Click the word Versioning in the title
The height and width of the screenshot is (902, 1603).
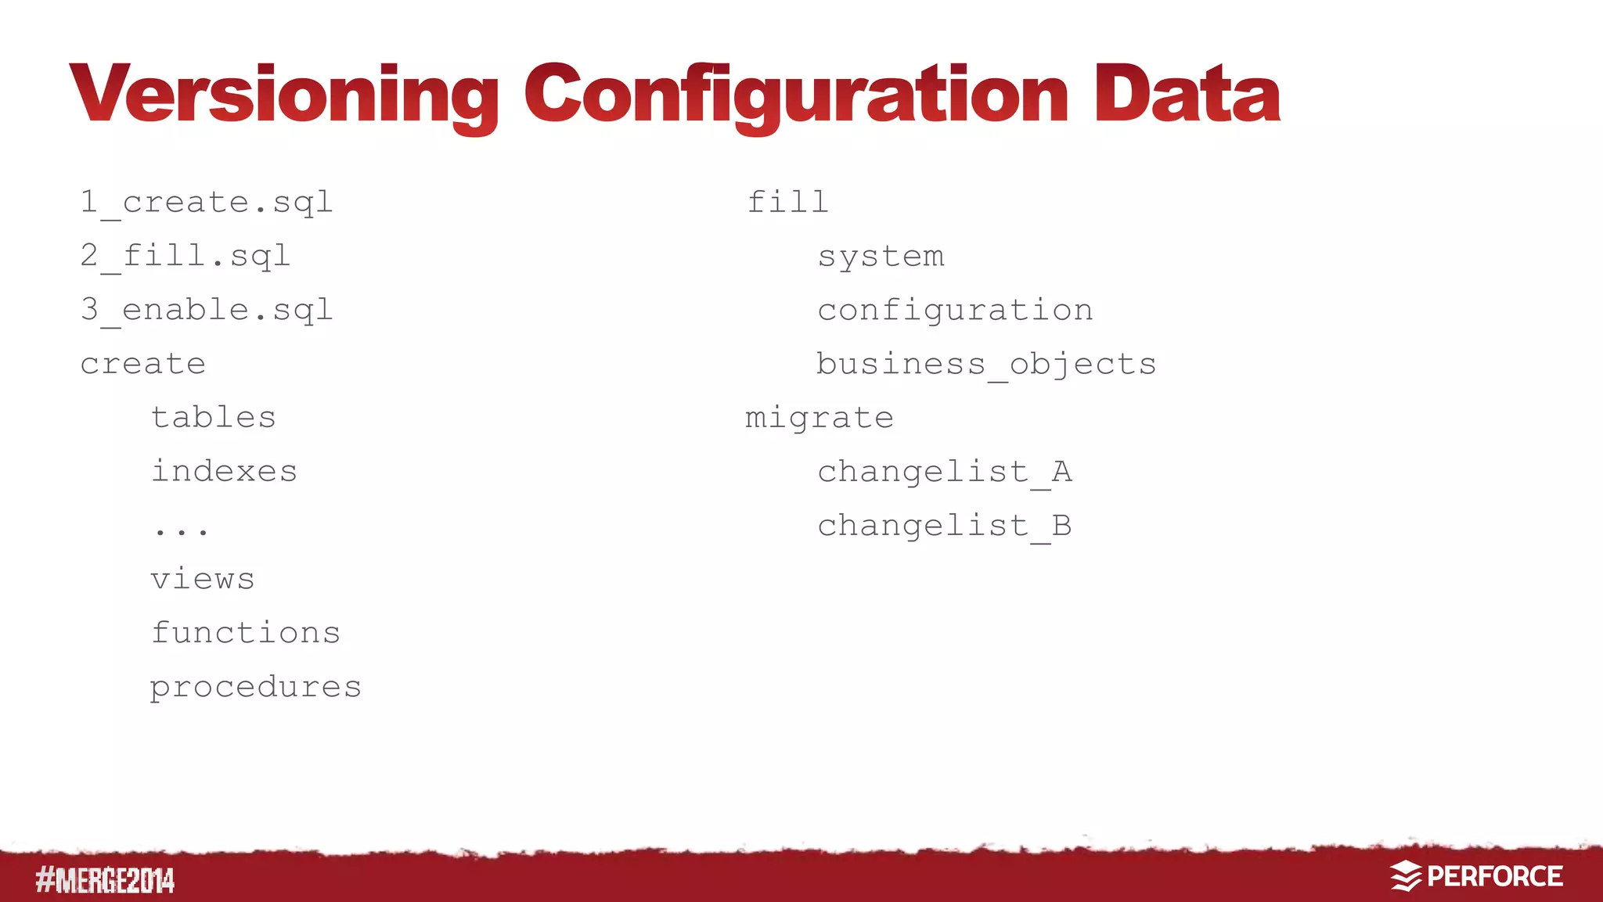click(283, 95)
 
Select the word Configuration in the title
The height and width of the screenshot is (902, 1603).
click(796, 95)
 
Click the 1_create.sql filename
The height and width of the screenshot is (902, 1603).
click(207, 203)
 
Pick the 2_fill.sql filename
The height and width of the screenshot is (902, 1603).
click(186, 257)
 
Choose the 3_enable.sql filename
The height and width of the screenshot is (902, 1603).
click(207, 311)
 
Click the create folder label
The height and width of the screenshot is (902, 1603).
click(143, 364)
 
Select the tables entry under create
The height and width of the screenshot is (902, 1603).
click(214, 418)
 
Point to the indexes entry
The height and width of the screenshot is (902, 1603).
click(225, 472)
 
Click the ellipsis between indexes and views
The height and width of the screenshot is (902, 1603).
click(181, 530)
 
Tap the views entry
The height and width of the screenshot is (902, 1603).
click(203, 580)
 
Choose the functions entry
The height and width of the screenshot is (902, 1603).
click(246, 633)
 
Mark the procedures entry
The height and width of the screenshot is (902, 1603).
click(256, 688)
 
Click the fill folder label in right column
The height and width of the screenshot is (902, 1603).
click(787, 203)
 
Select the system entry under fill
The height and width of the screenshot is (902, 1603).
click(881, 257)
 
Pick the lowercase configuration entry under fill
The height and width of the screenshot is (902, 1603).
click(955, 311)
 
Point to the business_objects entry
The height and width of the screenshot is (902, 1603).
click(986, 365)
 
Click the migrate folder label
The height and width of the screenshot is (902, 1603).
click(819, 419)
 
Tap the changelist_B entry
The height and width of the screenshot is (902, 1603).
click(945, 526)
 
